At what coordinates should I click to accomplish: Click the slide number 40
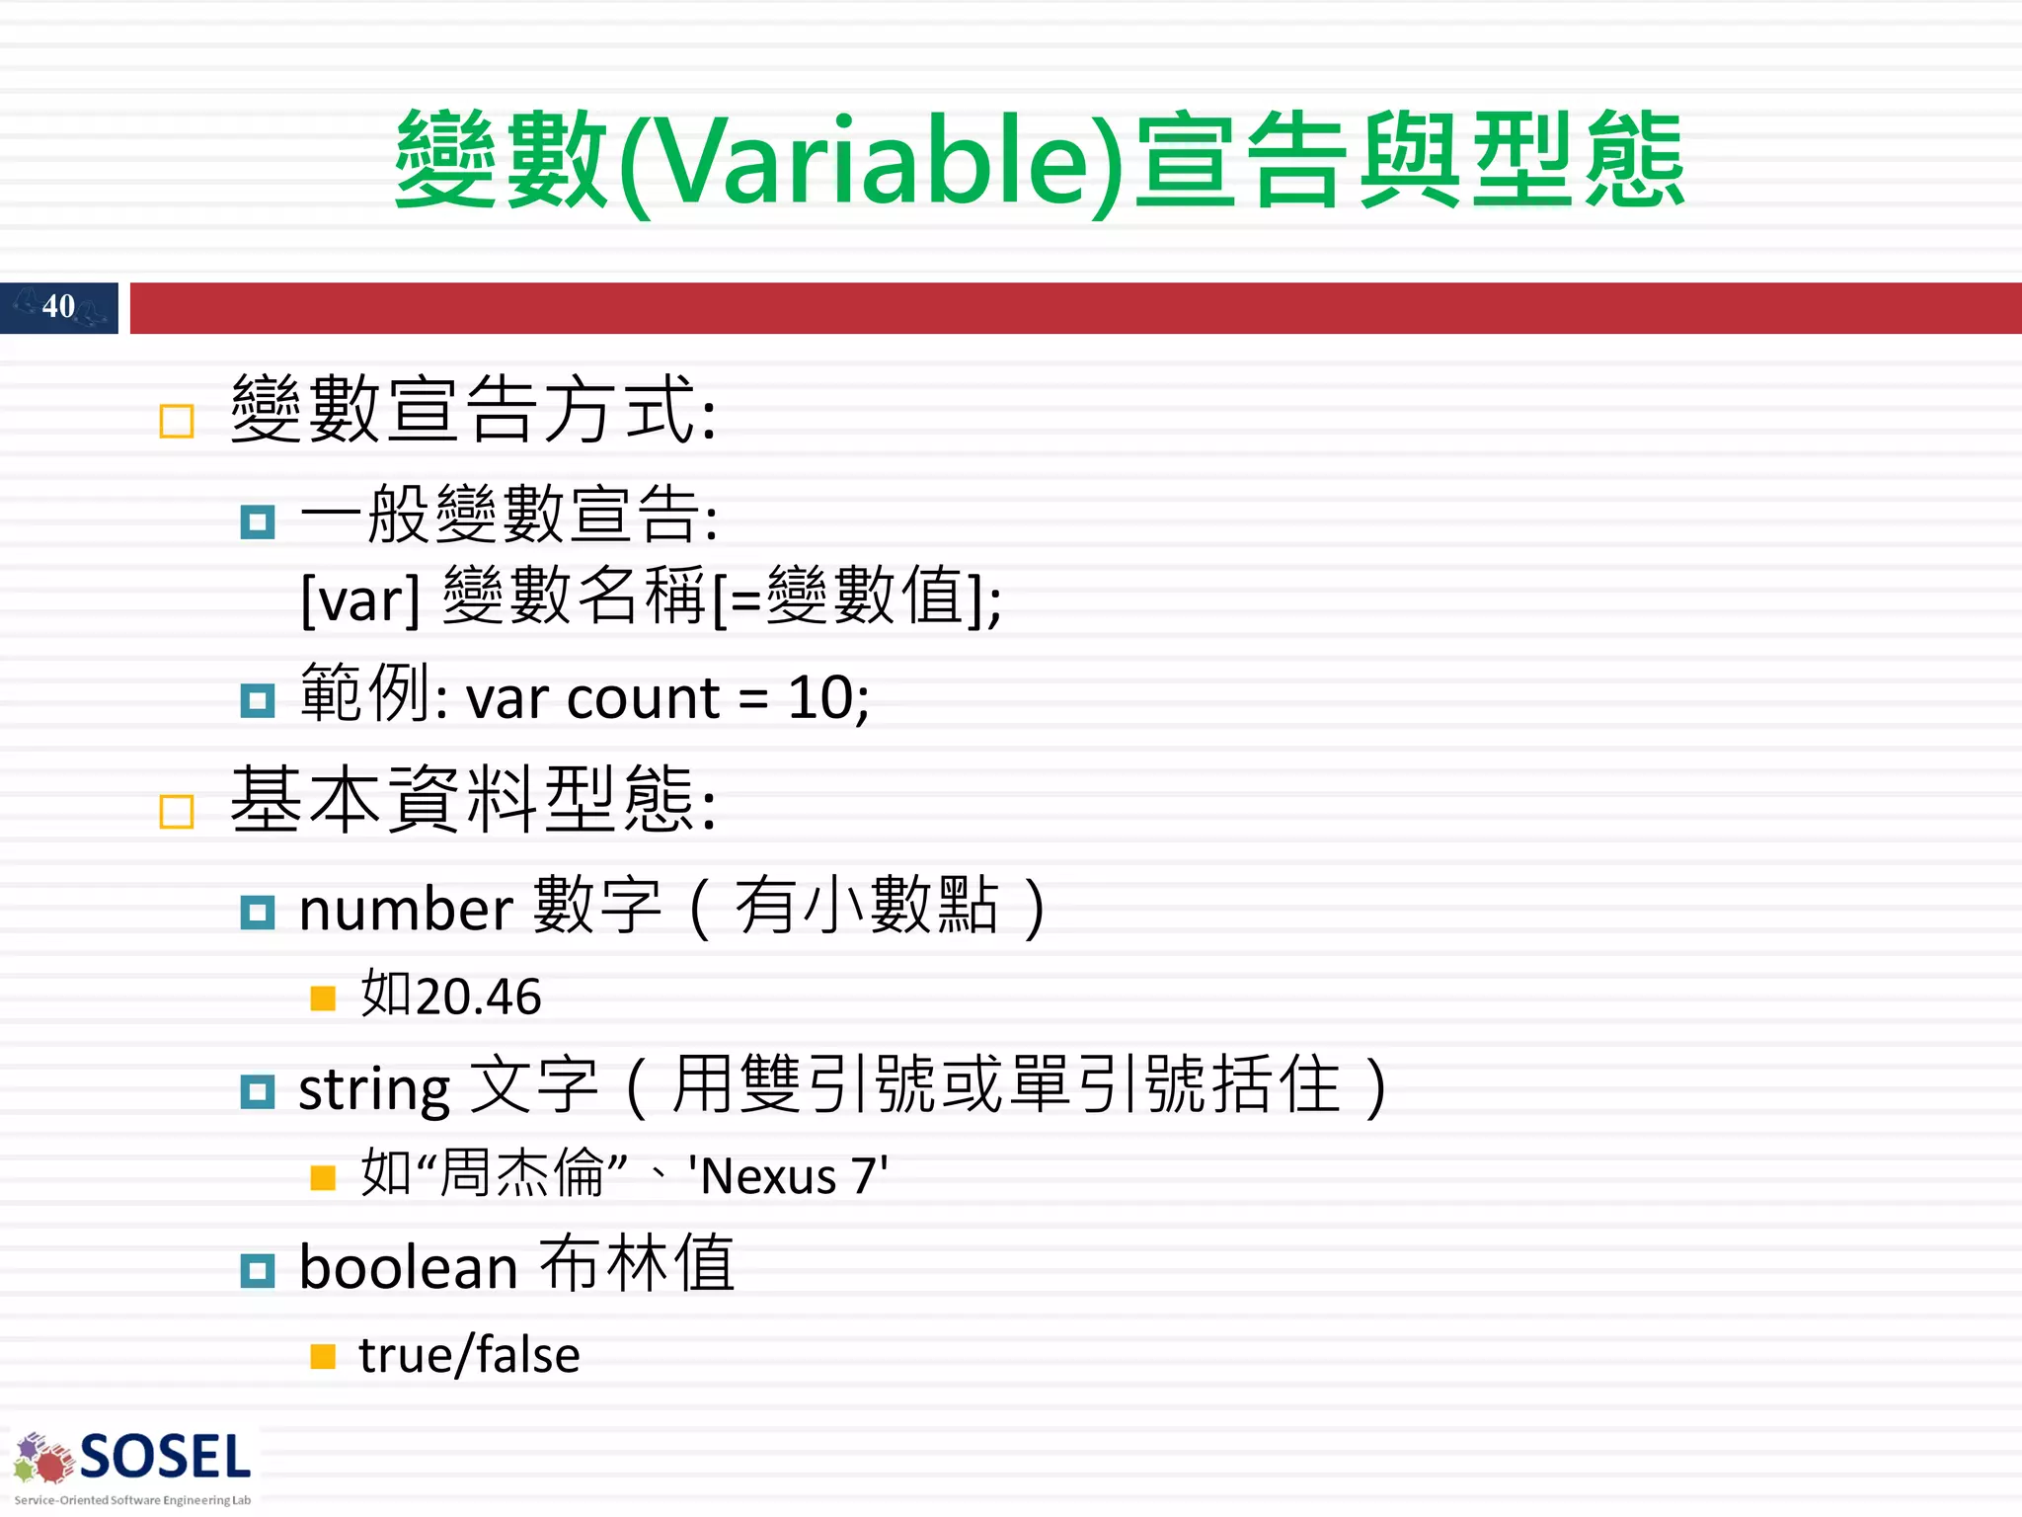coord(58,306)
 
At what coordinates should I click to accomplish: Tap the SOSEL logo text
coord(165,1458)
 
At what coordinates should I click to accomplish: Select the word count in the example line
coord(643,699)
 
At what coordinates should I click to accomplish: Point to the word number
coord(406,909)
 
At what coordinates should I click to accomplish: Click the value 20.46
coord(479,997)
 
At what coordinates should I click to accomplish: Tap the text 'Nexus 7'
coord(788,1176)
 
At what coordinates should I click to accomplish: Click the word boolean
coord(408,1268)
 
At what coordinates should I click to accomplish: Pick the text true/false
coord(469,1355)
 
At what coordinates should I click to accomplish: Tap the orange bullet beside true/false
coord(323,1357)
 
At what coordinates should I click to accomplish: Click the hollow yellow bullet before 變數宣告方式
coord(177,422)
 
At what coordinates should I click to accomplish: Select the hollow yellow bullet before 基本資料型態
coord(177,812)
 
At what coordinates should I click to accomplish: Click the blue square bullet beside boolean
coord(258,1271)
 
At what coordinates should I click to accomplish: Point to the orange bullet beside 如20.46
coord(323,998)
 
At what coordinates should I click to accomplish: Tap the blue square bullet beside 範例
coord(258,701)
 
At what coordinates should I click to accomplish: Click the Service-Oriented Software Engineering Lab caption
coord(132,1500)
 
